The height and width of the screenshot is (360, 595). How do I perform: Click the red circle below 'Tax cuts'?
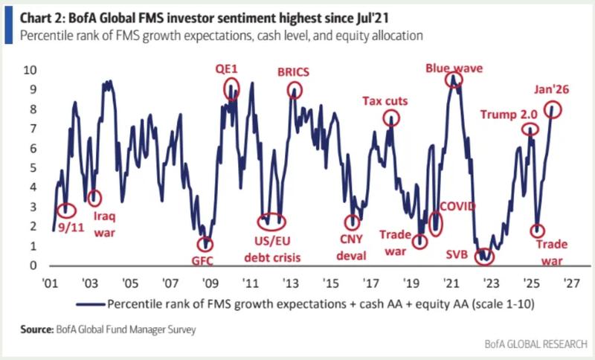[392, 118]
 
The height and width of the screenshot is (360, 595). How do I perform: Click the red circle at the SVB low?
[485, 255]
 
